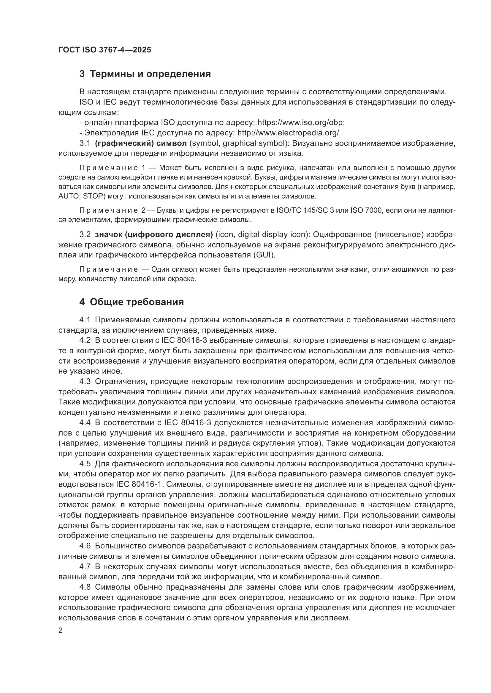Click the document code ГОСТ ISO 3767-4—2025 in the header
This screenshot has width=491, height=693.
(x=104, y=50)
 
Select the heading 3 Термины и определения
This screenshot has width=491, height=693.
(x=145, y=74)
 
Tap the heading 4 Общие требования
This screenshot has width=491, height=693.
(x=132, y=302)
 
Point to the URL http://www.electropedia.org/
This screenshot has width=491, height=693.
(x=288, y=133)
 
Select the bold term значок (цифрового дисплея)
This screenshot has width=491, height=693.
(x=154, y=235)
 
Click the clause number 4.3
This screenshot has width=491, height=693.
(x=85, y=382)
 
